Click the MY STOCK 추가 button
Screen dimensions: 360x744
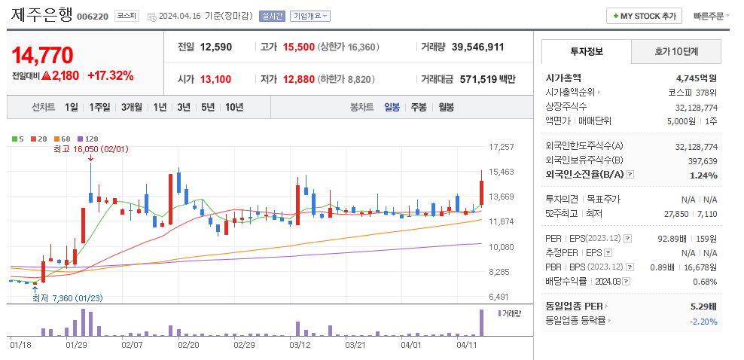644,16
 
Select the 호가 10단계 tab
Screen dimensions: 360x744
675,52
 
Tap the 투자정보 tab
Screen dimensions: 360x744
587,52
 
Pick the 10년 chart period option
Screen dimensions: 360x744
233,107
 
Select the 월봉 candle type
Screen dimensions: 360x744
446,107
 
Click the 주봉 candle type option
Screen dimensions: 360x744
418,107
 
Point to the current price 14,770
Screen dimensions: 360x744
42,55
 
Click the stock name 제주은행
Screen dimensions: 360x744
42,15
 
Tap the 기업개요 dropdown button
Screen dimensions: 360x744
310,16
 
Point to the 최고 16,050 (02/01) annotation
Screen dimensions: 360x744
84,149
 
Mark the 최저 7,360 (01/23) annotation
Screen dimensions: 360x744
67,297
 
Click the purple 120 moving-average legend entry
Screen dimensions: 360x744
88,139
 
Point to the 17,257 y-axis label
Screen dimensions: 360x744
502,147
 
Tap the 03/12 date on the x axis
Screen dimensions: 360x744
300,344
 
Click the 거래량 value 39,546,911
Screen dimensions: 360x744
477,47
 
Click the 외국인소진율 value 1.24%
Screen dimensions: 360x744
703,175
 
